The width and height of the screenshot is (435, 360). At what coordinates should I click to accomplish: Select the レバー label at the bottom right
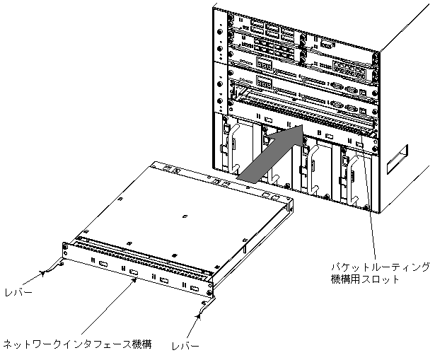tap(186, 346)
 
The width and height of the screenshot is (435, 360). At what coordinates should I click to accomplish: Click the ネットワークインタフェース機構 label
tap(77, 345)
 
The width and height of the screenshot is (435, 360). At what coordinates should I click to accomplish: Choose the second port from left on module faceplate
tap(133, 271)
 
